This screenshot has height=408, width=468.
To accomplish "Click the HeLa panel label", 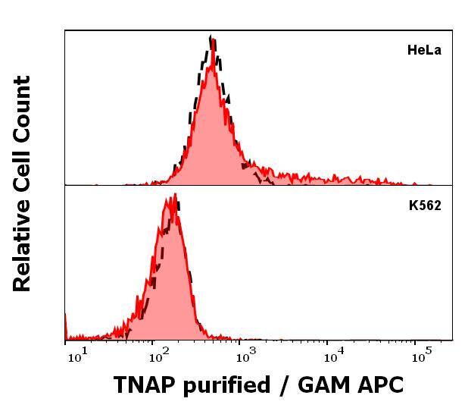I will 423,52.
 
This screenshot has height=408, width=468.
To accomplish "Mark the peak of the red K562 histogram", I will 175,196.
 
